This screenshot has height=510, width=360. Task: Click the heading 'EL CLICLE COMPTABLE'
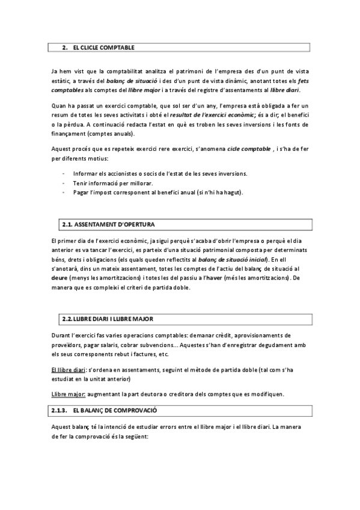click(103, 47)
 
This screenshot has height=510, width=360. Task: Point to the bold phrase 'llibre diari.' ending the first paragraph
click(284, 90)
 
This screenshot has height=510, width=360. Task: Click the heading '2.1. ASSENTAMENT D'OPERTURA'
click(108, 225)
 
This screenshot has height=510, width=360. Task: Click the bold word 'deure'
click(59, 278)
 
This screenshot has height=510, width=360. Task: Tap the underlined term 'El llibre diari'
click(69, 370)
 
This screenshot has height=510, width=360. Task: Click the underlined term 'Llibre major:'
click(69, 394)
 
